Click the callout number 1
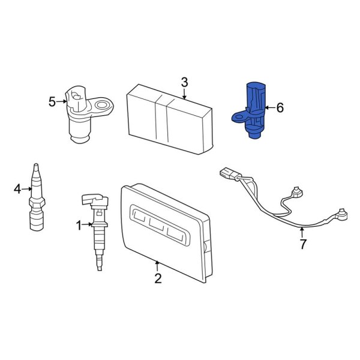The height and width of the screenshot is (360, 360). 78,225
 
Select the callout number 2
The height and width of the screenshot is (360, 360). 158,278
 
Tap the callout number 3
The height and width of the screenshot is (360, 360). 184,82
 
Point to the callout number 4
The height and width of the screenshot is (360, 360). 17,190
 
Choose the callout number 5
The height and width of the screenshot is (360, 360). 52,101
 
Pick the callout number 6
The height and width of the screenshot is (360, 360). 280,108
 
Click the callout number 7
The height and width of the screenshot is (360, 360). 303,244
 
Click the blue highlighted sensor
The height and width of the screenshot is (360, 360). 253,111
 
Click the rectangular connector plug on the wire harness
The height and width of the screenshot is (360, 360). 227,174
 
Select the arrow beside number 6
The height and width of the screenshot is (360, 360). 269,108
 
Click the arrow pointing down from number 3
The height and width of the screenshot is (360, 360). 184,93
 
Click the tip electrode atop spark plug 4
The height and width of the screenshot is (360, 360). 35,166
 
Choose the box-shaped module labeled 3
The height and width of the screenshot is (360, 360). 170,117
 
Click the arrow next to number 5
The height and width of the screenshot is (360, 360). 62,101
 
